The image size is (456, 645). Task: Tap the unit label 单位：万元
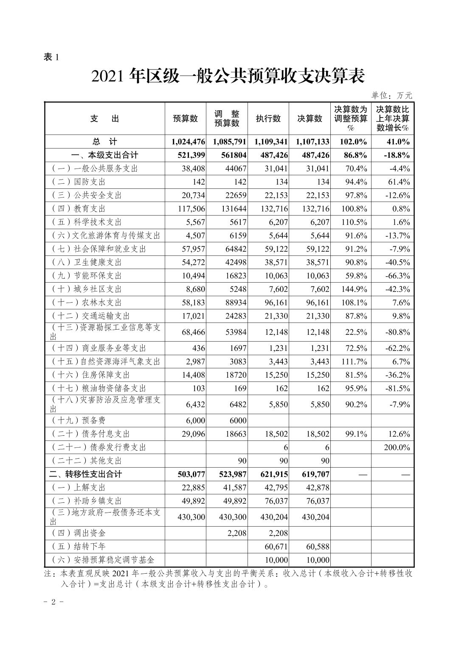pos(391,96)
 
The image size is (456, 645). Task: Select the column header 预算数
pos(185,119)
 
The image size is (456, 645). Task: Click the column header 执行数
pos(268,119)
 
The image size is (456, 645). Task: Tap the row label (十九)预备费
pos(79,421)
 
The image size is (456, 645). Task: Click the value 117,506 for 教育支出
pos(189,209)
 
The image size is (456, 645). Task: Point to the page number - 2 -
pos(54,602)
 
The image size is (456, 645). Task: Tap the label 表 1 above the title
pos(51,57)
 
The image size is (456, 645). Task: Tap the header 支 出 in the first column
pos(105,119)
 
